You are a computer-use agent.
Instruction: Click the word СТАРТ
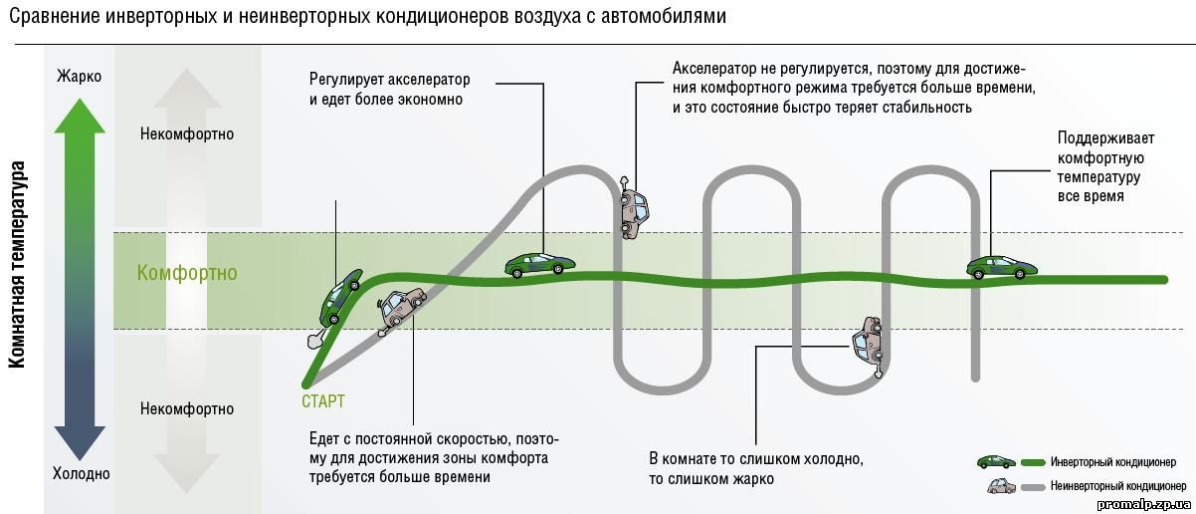[323, 401]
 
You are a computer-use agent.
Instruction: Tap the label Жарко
[79, 77]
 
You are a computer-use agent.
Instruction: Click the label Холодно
[81, 474]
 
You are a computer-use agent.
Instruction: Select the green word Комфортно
[187, 273]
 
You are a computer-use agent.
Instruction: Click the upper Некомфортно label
[187, 133]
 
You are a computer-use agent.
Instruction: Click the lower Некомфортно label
[187, 408]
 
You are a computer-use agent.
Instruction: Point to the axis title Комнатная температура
[18, 265]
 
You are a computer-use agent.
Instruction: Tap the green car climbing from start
[340, 297]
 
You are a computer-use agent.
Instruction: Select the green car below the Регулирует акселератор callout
[539, 265]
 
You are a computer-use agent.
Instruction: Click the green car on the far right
[1001, 266]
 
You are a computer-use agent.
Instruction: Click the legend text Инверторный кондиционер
[1112, 462]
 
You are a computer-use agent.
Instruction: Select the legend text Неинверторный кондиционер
[1117, 486]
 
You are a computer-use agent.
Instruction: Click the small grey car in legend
[1000, 485]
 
